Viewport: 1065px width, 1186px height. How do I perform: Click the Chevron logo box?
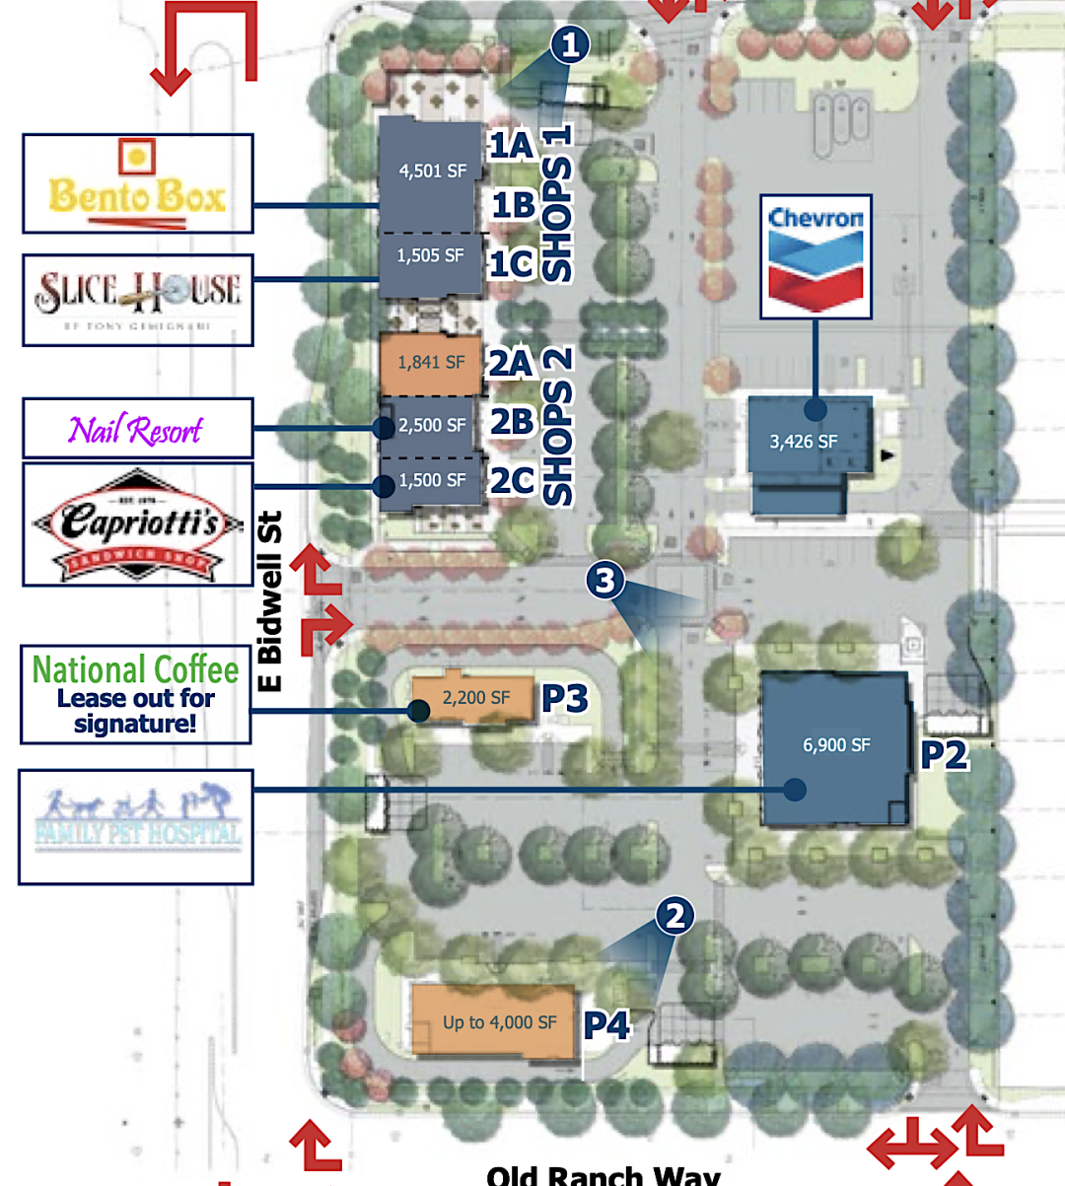816,256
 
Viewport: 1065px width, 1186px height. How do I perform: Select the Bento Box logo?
138,184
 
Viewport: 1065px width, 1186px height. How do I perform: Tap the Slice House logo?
138,300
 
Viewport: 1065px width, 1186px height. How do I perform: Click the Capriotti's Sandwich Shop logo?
138,524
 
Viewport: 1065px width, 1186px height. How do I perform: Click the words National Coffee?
136,670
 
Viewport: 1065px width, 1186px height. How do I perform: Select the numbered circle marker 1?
570,44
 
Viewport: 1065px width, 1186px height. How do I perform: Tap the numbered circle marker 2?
674,916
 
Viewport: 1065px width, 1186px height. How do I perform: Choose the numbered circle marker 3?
605,580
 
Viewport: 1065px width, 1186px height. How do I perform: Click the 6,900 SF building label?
836,745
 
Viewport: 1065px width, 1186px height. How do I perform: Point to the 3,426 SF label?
804,442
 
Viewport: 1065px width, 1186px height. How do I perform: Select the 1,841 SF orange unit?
431,363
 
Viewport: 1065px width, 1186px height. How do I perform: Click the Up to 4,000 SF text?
500,1022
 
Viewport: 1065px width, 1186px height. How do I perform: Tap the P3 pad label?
565,699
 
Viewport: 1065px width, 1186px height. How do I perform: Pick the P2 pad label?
944,755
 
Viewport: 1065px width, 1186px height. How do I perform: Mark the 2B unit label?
513,422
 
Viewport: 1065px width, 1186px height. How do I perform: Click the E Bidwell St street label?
269,600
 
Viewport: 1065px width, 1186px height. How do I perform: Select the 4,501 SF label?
433,171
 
